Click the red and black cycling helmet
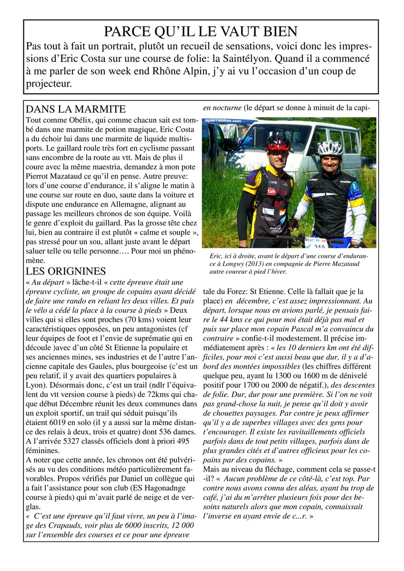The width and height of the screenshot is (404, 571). point(278,142)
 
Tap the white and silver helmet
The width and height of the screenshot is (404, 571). point(330,148)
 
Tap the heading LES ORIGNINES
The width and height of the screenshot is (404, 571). point(66,271)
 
